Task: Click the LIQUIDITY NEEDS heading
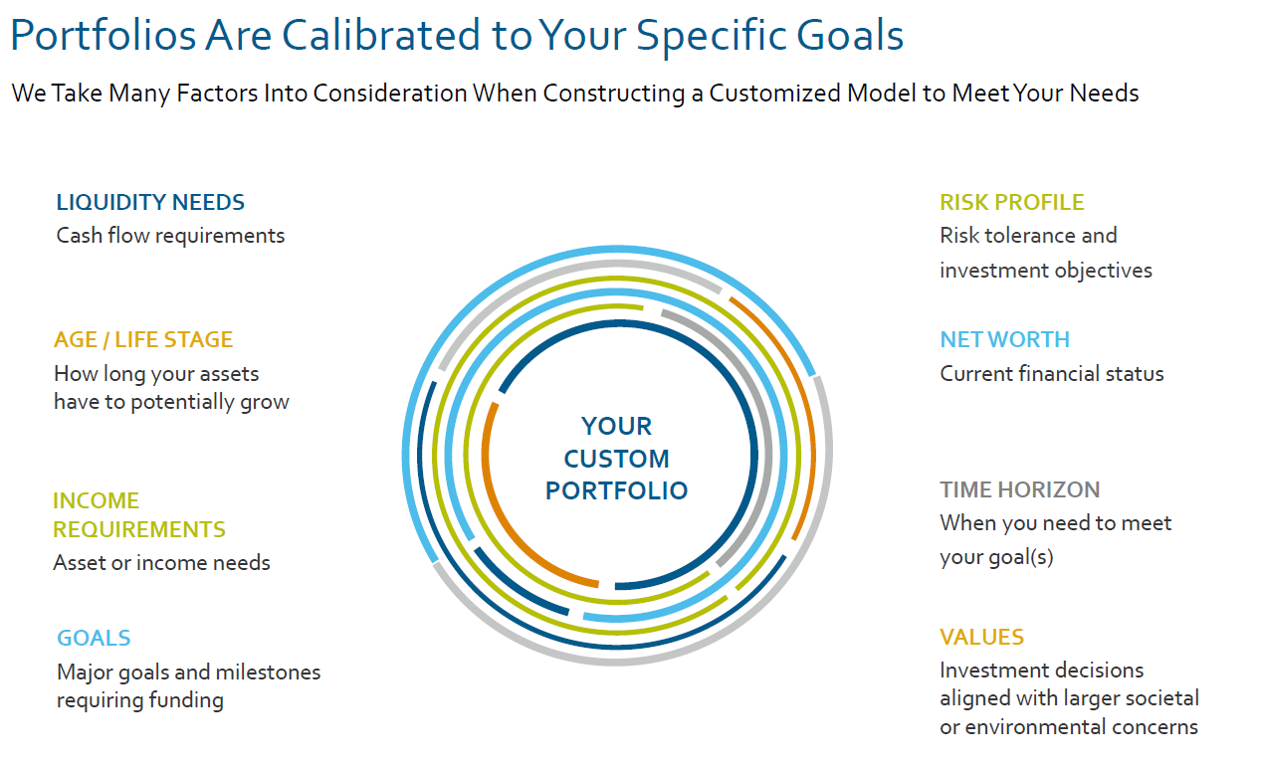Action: (150, 202)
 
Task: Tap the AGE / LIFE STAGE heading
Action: (143, 339)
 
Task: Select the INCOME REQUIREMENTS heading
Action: (139, 515)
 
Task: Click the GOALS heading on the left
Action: (94, 638)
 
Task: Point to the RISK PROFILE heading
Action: (1011, 202)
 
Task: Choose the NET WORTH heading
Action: (1005, 339)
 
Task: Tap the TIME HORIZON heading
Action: (1019, 489)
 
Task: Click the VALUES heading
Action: (981, 637)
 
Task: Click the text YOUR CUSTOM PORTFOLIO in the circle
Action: (616, 459)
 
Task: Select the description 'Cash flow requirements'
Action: (170, 236)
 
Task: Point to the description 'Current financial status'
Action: (1052, 374)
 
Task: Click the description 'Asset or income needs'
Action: (161, 563)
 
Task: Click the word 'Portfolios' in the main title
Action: (104, 35)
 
